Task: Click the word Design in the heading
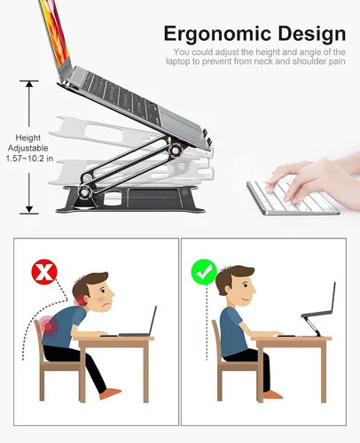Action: pyautogui.click(x=307, y=35)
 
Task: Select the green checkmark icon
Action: pyautogui.click(x=205, y=271)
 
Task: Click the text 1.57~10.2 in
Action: pyautogui.click(x=28, y=159)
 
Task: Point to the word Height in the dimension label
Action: pyautogui.click(x=27, y=137)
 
